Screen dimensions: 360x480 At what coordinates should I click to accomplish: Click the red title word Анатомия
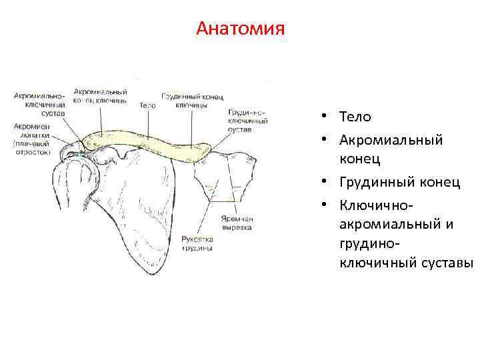[241, 29]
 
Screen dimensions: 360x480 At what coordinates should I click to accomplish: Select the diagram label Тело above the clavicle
[147, 105]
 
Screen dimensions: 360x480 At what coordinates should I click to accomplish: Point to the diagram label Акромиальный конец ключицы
[101, 95]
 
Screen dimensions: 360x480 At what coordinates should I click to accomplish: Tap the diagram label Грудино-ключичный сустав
[247, 121]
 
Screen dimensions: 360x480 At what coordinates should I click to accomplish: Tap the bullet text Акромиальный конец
[391, 149]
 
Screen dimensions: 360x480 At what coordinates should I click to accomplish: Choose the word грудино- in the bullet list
[371, 244]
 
